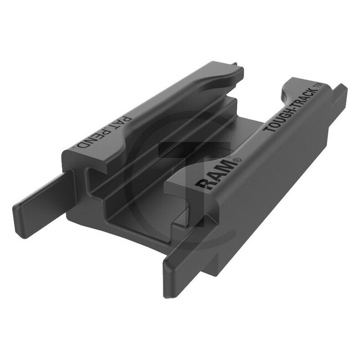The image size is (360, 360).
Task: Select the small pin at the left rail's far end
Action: point(239,69)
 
